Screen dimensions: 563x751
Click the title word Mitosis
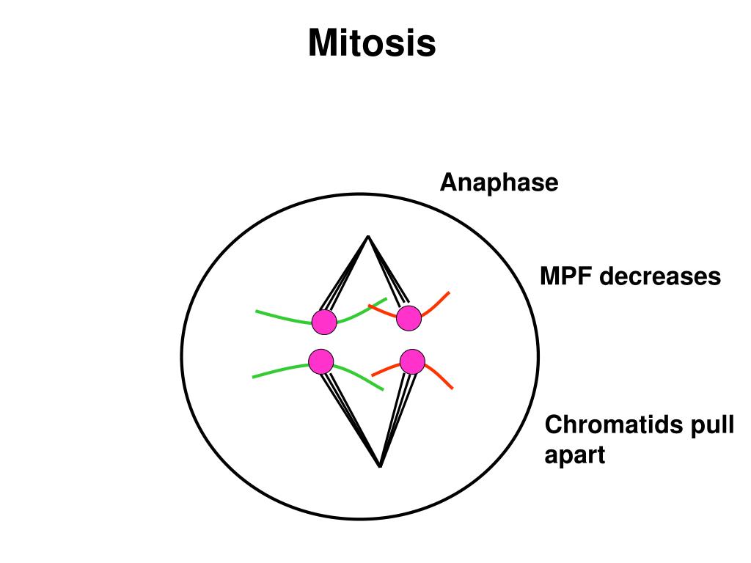point(372,43)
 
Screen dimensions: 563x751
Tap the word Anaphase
point(499,183)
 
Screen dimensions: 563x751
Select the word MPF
point(565,277)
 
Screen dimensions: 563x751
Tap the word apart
point(575,455)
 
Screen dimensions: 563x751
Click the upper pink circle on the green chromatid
point(323,321)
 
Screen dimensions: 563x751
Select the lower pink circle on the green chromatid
point(321,361)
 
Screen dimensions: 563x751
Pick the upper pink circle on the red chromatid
point(409,318)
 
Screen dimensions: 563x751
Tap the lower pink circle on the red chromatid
point(412,361)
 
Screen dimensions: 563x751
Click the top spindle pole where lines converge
point(368,237)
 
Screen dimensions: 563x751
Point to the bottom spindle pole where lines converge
point(380,466)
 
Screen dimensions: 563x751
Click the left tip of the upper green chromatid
point(257,312)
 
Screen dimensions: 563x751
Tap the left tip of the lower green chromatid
point(253,377)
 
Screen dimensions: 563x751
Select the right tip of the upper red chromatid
point(448,292)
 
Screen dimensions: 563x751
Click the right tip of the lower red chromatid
point(452,388)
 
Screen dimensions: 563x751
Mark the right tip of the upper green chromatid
point(386,299)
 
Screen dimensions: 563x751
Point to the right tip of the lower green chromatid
point(383,389)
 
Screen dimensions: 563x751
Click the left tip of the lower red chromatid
point(373,375)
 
